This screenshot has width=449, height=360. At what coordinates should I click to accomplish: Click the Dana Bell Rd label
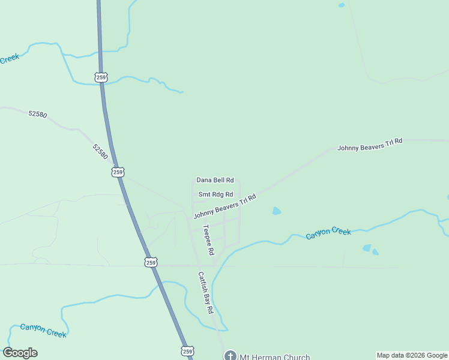(x=215, y=180)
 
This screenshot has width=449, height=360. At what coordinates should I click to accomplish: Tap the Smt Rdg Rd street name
(x=215, y=194)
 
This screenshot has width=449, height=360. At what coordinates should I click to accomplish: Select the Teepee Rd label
(x=208, y=241)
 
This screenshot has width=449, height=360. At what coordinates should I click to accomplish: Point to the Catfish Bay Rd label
(x=206, y=293)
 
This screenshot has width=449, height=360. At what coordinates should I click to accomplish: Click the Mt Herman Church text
(x=275, y=356)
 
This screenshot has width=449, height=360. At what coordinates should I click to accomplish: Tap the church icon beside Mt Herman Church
(x=230, y=356)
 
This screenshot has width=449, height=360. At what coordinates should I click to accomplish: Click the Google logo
(x=20, y=353)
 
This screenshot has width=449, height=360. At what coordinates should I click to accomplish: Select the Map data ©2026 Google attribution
(x=412, y=355)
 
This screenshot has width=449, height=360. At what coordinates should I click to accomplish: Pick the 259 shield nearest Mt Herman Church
(x=187, y=351)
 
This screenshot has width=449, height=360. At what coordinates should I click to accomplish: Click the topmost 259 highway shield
(x=100, y=77)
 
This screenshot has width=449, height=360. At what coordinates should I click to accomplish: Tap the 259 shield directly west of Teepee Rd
(x=151, y=262)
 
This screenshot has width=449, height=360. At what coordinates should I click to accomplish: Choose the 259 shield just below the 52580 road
(x=118, y=172)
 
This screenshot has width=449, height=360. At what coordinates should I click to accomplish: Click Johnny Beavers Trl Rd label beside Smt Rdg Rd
(x=224, y=206)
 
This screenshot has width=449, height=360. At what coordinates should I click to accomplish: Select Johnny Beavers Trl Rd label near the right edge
(x=370, y=145)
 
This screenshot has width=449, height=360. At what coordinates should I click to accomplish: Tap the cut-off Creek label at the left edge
(x=10, y=59)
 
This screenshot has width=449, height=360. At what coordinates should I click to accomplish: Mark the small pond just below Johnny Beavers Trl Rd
(x=276, y=211)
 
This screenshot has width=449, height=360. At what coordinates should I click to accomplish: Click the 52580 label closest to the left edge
(x=37, y=113)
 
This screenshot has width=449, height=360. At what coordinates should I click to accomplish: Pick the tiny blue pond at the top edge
(x=342, y=5)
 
